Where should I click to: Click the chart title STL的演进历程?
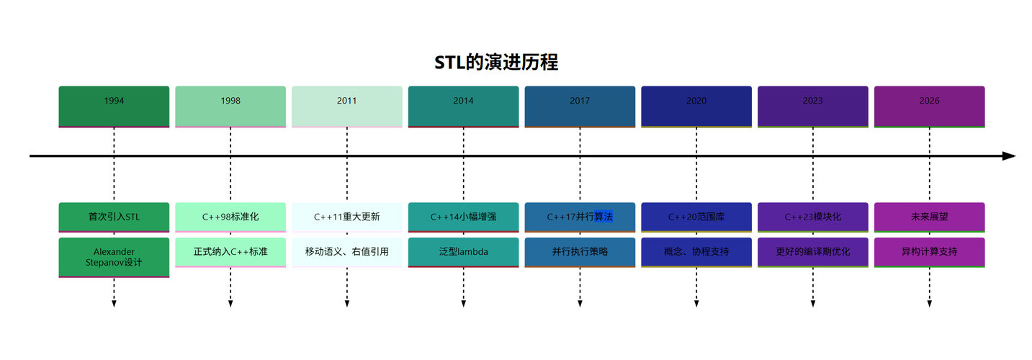pyautogui.click(x=496, y=63)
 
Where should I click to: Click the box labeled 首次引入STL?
pyautogui.click(x=114, y=217)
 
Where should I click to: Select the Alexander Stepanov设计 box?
pyautogui.click(x=114, y=257)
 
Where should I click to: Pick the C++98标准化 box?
pyautogui.click(x=230, y=217)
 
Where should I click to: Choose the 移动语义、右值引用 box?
pyautogui.click(x=347, y=252)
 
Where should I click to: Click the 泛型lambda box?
pyautogui.click(x=463, y=252)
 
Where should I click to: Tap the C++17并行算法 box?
pyautogui.click(x=580, y=217)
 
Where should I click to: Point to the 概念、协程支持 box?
pyautogui.click(x=696, y=252)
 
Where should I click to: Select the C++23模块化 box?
pyautogui.click(x=813, y=217)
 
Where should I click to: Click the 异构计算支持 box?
pyautogui.click(x=929, y=252)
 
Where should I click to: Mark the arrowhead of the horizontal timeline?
pyautogui.click(x=1009, y=156)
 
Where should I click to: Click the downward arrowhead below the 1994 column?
pyautogui.click(x=114, y=304)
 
